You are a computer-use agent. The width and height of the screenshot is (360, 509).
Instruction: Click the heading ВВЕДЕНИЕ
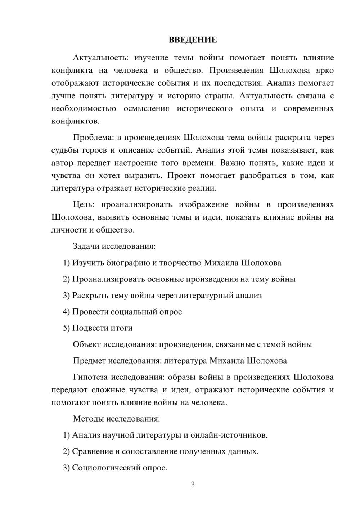(x=193, y=40)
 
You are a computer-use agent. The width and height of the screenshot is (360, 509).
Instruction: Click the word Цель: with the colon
(x=84, y=204)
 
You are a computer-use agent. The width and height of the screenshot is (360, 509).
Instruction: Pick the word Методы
(x=86, y=419)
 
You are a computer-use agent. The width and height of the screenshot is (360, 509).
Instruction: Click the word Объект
(x=87, y=344)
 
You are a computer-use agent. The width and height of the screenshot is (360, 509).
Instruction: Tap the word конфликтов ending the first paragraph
(x=75, y=121)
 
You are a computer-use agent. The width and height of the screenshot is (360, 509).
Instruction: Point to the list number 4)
(x=66, y=312)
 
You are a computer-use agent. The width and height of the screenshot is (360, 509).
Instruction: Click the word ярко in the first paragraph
(x=326, y=70)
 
